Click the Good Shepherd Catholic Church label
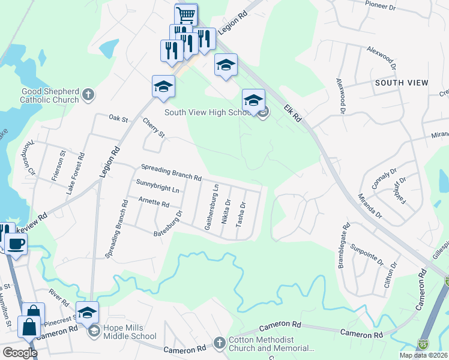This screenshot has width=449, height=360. pyautogui.click(x=50, y=95)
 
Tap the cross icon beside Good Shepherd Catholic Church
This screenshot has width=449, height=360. pyautogui.click(x=88, y=94)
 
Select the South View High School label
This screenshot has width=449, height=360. pyautogui.click(x=207, y=112)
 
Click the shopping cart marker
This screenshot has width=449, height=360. pyautogui.click(x=186, y=14)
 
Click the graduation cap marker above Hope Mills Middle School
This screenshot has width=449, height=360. pyautogui.click(x=87, y=312)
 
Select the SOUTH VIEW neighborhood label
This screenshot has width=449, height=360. pyautogui.click(x=402, y=82)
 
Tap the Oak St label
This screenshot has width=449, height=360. pyautogui.click(x=119, y=119)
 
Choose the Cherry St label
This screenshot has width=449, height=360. pyautogui.click(x=154, y=127)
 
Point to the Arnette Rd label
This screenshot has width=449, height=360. pyautogui.click(x=154, y=203)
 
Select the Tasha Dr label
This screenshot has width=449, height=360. pyautogui.click(x=243, y=214)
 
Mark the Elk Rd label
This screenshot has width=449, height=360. pyautogui.click(x=294, y=111)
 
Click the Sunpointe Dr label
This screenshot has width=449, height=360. pyautogui.click(x=367, y=254)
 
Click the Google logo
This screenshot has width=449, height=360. pyautogui.click(x=20, y=353)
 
